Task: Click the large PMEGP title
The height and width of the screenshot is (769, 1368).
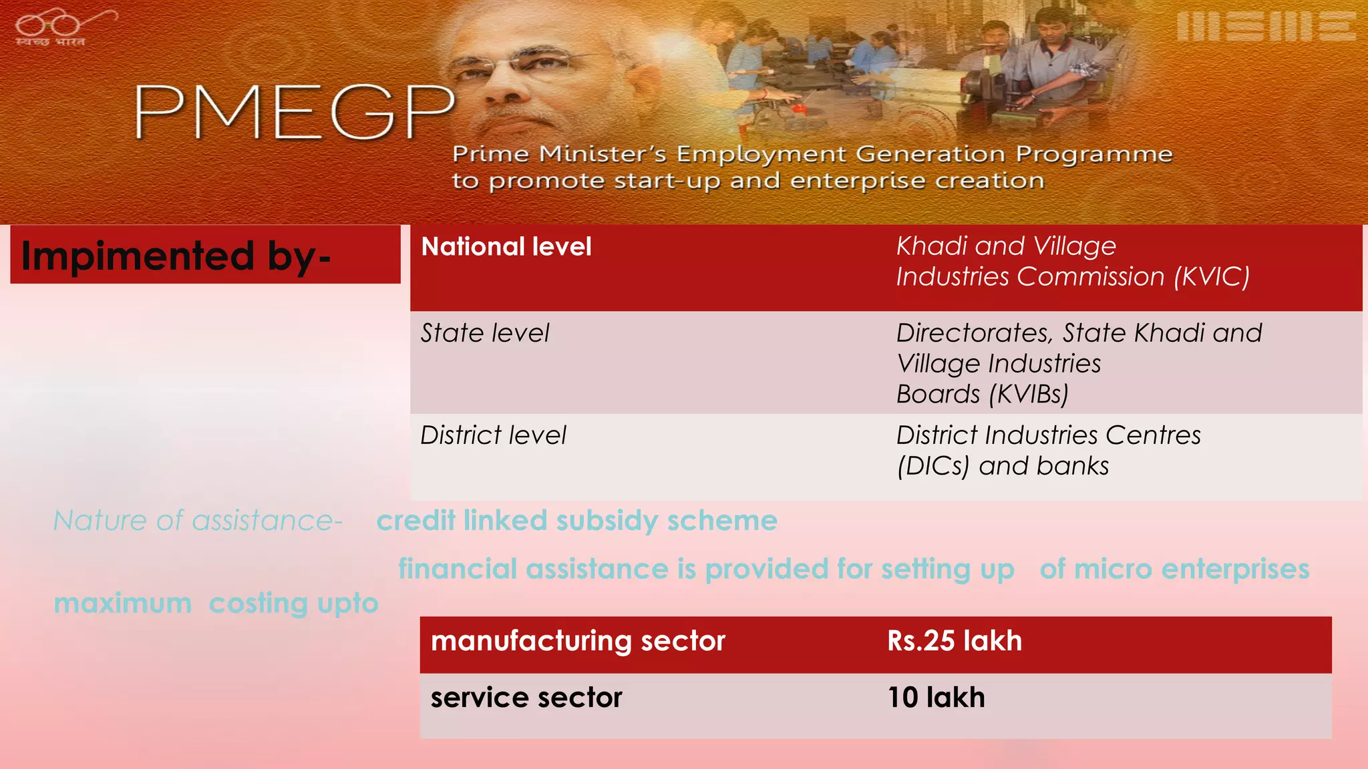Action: coord(294,112)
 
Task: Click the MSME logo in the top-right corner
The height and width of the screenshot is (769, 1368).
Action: coord(1265,27)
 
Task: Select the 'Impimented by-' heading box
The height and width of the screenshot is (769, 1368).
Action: coord(205,255)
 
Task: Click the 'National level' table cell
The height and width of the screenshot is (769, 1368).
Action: coord(506,247)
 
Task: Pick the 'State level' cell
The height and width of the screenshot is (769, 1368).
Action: coord(485,333)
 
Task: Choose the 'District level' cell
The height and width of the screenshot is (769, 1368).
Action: coord(493,435)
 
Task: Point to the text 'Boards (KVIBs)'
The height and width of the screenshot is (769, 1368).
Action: coord(982,395)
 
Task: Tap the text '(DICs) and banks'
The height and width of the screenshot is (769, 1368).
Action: coord(1002,466)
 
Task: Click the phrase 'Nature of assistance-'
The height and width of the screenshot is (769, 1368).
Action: coord(198,521)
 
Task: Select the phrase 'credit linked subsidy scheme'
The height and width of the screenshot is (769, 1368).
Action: coord(576,521)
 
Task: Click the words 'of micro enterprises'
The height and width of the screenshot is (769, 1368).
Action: coord(1174,569)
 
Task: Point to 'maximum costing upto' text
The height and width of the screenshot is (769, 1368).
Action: coord(216,603)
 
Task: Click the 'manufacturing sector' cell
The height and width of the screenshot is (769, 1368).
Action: coord(578,641)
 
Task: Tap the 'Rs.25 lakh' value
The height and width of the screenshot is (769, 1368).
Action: coord(955,641)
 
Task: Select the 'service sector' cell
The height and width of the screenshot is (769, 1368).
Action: coord(526,698)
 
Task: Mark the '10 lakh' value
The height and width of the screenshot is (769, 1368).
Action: coord(936,698)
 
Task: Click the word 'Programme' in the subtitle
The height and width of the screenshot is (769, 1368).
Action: coord(1093,154)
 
